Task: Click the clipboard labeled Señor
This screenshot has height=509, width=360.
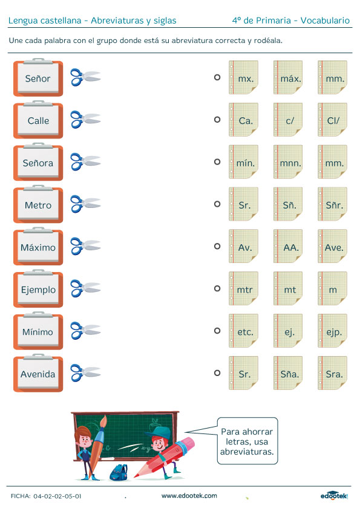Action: click(38, 77)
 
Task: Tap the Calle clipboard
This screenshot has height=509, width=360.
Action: click(38, 120)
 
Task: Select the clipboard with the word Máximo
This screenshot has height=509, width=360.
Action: click(38, 246)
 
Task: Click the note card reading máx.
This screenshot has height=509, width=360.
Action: click(288, 77)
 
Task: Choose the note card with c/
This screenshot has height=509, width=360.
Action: click(288, 120)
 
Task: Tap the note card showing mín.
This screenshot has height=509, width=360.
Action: click(244, 161)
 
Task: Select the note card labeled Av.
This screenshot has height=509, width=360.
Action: click(244, 246)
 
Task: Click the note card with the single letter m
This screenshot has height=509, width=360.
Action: click(332, 288)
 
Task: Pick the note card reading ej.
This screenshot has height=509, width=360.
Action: click(288, 331)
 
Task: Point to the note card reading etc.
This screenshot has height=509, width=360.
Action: click(244, 331)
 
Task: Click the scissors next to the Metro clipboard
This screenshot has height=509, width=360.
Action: click(85, 204)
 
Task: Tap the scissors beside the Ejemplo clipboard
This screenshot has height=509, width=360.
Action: click(85, 288)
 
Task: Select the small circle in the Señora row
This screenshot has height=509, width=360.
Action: click(217, 161)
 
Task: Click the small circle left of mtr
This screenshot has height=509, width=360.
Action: click(217, 288)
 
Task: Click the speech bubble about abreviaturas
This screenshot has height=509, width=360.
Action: click(247, 441)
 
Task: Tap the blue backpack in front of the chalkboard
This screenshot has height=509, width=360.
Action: click(119, 472)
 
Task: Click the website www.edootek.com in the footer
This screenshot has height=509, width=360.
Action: click(189, 496)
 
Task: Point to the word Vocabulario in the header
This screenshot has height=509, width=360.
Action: click(325, 21)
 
